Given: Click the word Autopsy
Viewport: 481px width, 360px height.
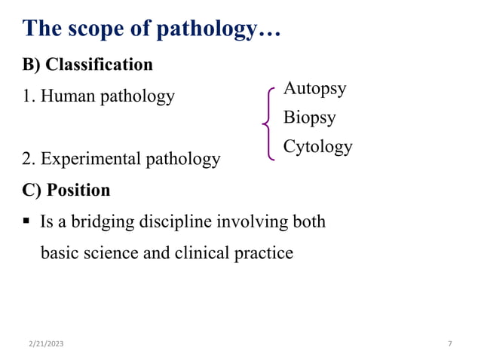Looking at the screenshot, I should [x=314, y=89].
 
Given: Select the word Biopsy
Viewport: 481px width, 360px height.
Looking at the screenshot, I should [x=309, y=117].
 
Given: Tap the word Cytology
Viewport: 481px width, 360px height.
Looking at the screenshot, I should [x=317, y=147].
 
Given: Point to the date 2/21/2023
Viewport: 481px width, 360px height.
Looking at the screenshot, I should [x=47, y=344].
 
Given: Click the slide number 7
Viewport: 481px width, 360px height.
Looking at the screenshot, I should [x=450, y=344].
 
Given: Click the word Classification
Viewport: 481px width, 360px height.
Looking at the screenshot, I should [x=100, y=65].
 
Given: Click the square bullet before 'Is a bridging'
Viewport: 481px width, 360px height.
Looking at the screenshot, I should [x=26, y=222].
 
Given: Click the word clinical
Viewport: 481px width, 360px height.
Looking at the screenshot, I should [x=202, y=253].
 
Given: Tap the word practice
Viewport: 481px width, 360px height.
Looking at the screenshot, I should [x=265, y=253].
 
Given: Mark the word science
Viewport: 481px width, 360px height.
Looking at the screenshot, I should [x=110, y=253].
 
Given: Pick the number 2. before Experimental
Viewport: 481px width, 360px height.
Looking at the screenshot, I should [x=29, y=159].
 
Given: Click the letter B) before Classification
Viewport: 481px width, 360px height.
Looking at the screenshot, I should [x=32, y=65].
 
